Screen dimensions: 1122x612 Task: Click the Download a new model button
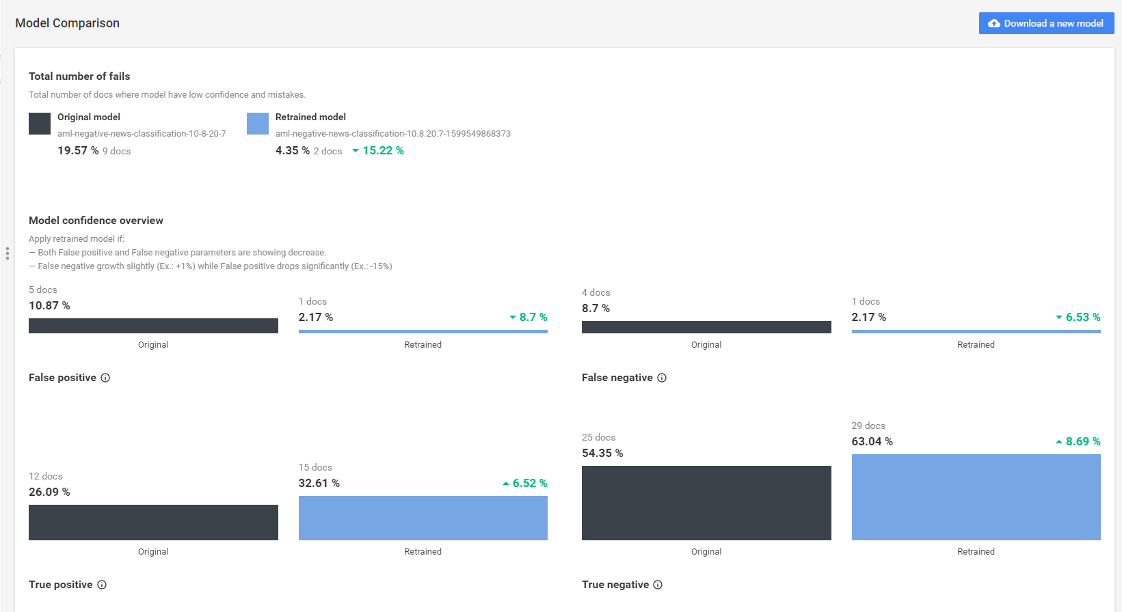(1046, 23)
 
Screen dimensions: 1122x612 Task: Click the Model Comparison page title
(67, 23)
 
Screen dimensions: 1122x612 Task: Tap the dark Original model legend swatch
(40, 124)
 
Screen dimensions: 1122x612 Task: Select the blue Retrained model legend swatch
(258, 124)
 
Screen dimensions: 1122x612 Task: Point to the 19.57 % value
(78, 151)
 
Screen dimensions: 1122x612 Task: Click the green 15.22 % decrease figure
(378, 151)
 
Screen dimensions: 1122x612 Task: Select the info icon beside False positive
(105, 378)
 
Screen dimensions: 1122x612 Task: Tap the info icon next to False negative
(662, 378)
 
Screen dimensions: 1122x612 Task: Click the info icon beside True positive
(102, 585)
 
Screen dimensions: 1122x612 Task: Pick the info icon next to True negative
(658, 585)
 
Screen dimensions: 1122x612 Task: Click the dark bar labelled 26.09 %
(153, 523)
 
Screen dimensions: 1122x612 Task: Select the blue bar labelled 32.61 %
(423, 518)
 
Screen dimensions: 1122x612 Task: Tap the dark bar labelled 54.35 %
(706, 503)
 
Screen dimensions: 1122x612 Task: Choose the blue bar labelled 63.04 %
(976, 497)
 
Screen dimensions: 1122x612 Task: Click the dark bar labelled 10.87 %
(153, 326)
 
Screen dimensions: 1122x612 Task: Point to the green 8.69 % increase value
(1078, 441)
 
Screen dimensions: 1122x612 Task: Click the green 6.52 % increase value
(525, 483)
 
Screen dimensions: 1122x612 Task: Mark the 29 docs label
(868, 426)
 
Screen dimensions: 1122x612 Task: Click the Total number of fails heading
(79, 76)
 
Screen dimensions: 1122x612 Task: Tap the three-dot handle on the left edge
(8, 253)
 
